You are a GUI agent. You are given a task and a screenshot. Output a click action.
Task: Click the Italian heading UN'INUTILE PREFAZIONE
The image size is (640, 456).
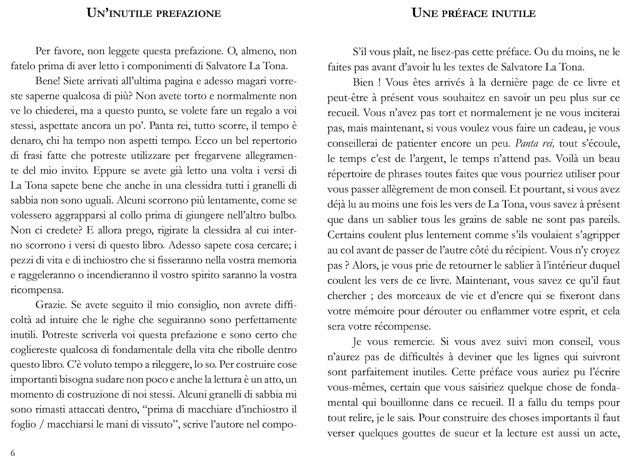tap(154, 13)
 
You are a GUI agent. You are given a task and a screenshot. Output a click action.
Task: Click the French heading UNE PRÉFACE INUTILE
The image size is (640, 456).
tap(474, 13)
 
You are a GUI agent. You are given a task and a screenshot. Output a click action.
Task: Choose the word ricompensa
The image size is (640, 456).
tap(37, 290)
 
